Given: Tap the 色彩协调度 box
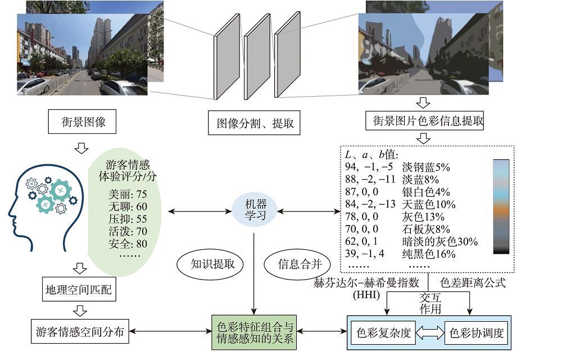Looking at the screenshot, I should pos(475,333).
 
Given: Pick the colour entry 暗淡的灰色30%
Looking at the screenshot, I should pos(440,241).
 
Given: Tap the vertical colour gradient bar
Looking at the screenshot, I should pos(501,206).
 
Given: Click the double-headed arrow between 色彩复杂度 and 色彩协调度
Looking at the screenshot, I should pos(429,333).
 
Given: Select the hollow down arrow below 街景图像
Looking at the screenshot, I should pos(82,148).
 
